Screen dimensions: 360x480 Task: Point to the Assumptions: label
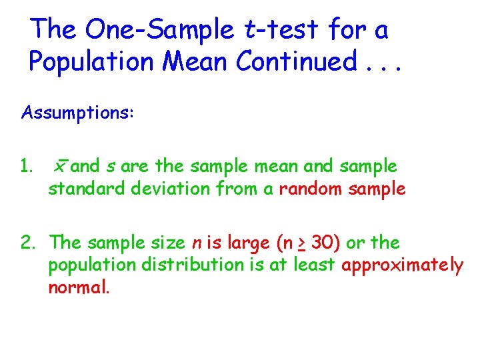coord(78,113)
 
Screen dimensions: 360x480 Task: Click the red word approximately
coord(402,265)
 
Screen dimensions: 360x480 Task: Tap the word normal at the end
coord(77,288)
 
